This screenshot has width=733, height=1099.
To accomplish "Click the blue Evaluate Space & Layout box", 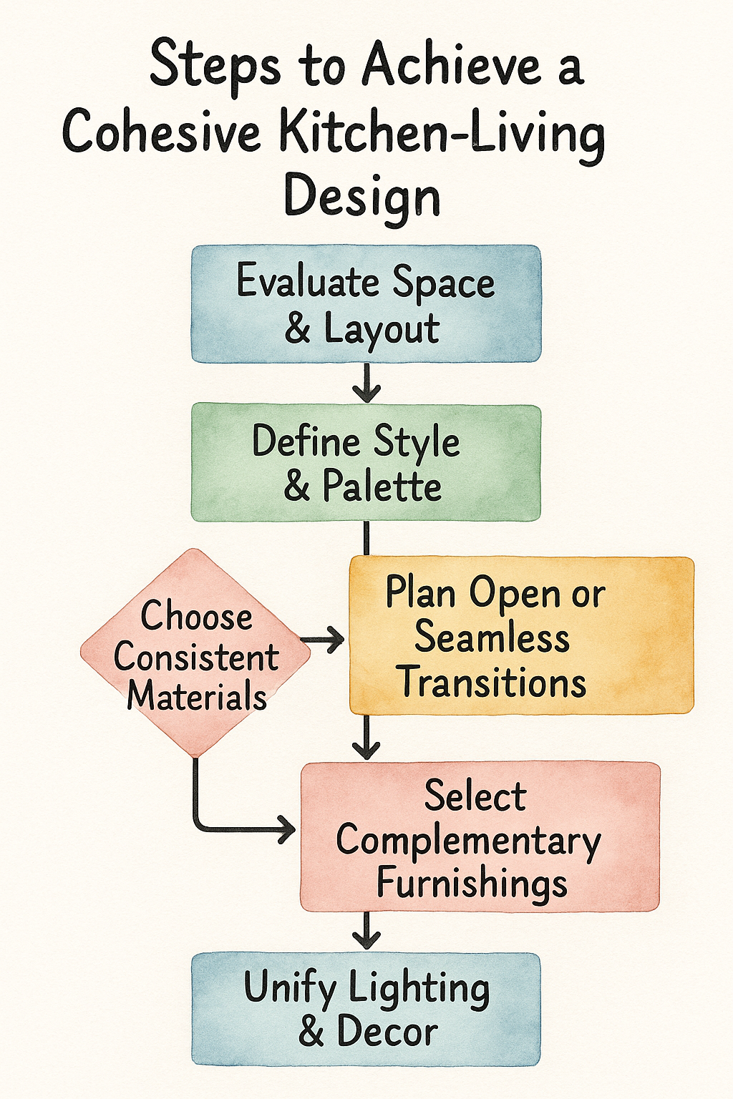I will point(366,303).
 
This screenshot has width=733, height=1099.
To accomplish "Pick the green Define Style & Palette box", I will point(366,462).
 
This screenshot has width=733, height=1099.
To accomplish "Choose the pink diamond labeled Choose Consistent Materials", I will point(195,653).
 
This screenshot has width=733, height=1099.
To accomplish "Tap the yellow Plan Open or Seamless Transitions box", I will point(521,635).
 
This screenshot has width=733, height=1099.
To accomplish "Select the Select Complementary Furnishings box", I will point(480,836).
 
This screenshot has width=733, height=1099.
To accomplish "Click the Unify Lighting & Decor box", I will point(366,1009).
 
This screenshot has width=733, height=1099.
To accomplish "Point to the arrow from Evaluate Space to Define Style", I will point(366,383).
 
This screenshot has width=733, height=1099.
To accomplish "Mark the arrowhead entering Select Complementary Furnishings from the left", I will point(286,830).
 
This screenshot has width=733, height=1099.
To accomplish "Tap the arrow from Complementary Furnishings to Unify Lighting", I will point(366,931).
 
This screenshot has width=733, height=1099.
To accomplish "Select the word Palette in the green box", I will point(382,487).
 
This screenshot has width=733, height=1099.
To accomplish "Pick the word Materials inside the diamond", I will point(197,696).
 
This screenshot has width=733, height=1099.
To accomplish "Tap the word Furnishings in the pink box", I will point(472,883).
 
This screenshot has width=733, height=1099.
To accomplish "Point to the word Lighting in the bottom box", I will point(419,989).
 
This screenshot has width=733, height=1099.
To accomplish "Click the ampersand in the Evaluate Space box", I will point(298,329).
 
